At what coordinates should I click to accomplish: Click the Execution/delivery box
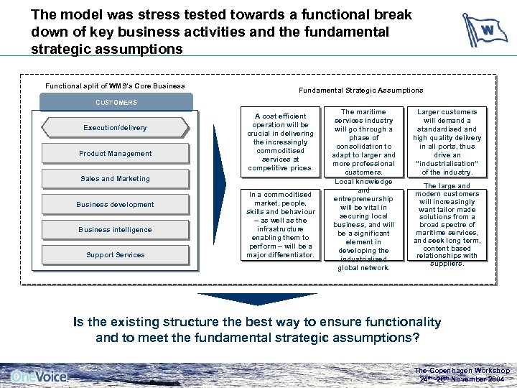[x=115, y=128]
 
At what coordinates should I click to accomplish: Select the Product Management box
[x=115, y=153]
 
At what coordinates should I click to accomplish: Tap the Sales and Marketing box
[x=115, y=178]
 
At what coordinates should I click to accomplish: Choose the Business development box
[x=115, y=204]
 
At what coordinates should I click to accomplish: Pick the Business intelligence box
[x=115, y=229]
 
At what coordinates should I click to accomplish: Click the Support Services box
[x=115, y=255]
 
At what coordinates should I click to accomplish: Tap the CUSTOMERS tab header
[x=116, y=102]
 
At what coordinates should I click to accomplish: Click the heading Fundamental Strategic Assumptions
[x=361, y=90]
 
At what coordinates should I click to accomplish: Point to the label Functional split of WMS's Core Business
[x=115, y=86]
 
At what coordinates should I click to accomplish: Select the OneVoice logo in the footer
[x=39, y=376]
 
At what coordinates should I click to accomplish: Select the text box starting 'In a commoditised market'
[x=279, y=224]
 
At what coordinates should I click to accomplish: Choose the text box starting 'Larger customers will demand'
[x=447, y=142]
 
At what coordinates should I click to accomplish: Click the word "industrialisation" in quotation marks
[x=447, y=164]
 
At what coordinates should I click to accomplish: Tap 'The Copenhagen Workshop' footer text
[x=462, y=371]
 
